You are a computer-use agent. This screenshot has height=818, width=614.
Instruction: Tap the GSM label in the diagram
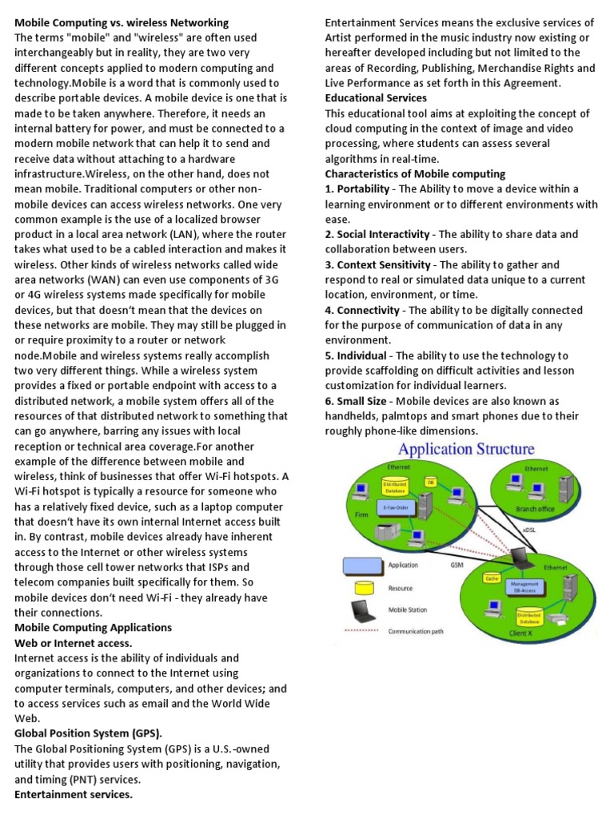457,565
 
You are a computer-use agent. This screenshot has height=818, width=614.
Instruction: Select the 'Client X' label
520,632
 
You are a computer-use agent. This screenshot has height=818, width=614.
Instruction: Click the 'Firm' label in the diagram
361,515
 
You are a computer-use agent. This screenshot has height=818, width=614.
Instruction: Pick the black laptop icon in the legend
359,611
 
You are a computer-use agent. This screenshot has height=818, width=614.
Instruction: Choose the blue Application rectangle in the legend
359,566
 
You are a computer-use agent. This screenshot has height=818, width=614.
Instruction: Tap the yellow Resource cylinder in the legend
359,588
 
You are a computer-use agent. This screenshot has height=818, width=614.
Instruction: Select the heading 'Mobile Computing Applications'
94,628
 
